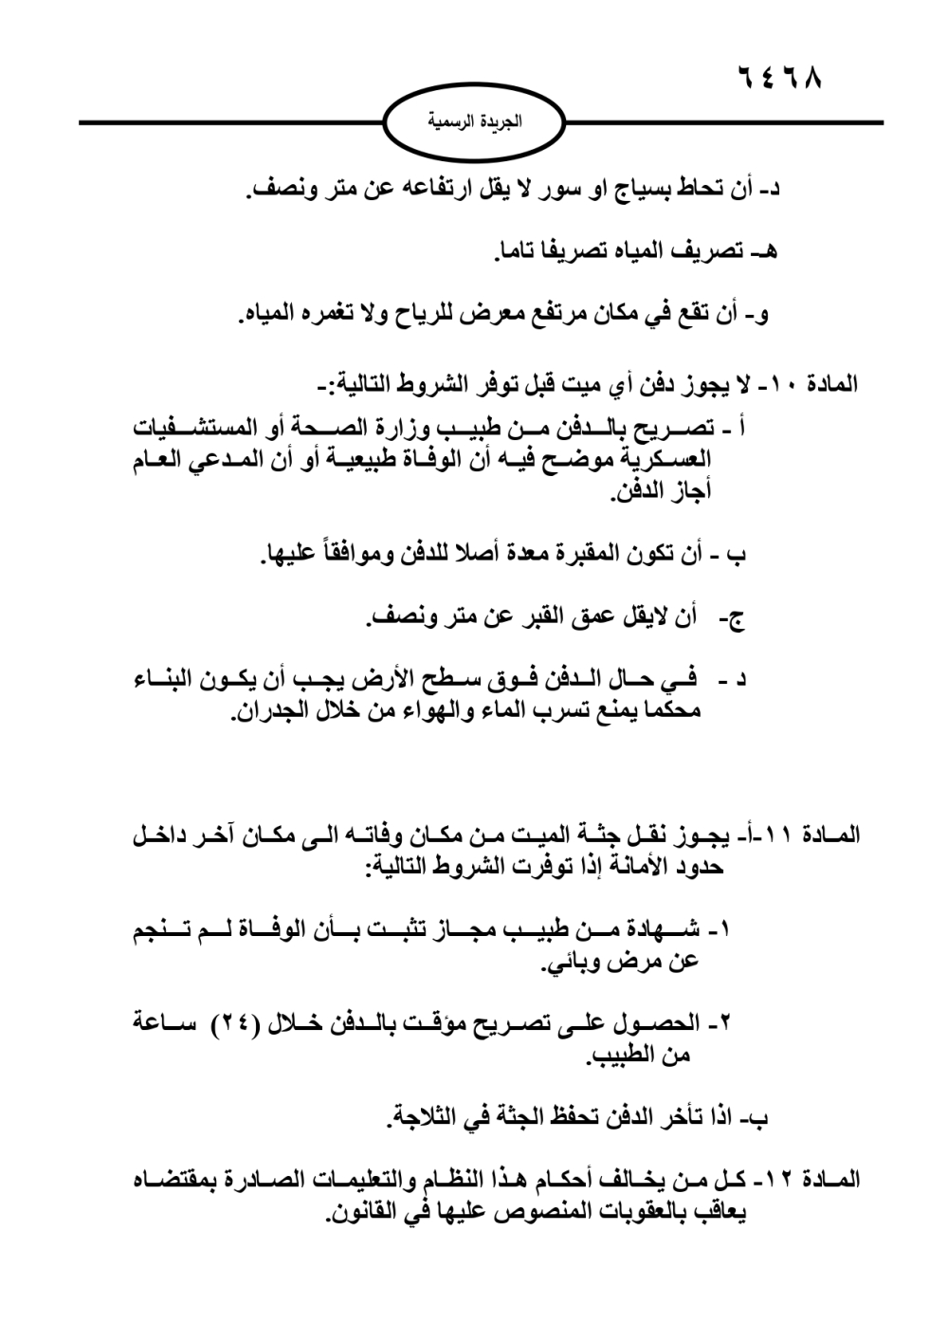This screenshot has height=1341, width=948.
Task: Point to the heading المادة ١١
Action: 818,836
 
